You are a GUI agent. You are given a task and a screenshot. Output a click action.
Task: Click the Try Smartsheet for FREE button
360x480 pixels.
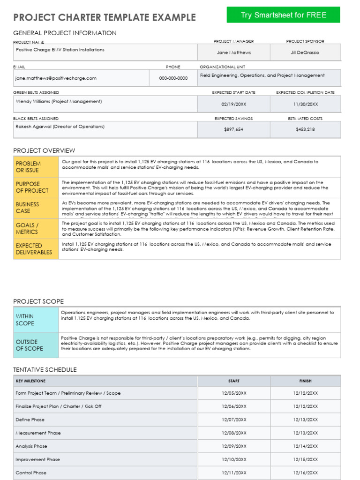283,15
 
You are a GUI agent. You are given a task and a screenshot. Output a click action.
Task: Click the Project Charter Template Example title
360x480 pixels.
105,18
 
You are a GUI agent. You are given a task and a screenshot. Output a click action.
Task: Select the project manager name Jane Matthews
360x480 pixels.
233,52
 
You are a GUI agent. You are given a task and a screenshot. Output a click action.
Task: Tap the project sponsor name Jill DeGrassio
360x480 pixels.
305,52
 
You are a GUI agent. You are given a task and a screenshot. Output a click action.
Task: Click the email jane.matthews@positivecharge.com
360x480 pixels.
56,78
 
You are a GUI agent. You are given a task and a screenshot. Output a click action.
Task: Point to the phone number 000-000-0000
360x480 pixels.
173,78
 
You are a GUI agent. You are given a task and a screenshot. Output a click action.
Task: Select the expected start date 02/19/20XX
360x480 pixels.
233,105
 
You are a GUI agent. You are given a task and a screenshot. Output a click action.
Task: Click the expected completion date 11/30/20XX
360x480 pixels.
305,105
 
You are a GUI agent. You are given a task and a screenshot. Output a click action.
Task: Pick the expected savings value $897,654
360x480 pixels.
233,130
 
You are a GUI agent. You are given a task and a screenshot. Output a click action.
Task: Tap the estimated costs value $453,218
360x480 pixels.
305,130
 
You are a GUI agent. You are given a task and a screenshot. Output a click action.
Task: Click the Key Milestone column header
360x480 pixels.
31,381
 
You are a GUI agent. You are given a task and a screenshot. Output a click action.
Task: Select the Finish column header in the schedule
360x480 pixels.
305,381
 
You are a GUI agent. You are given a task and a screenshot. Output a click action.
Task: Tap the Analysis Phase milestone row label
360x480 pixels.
31,446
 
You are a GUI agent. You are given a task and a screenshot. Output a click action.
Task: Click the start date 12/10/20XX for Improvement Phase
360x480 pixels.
233,460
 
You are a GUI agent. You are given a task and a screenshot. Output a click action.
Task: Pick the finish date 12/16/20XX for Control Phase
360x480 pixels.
305,473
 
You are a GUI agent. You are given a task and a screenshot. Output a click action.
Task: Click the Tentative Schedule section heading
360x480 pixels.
45,370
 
